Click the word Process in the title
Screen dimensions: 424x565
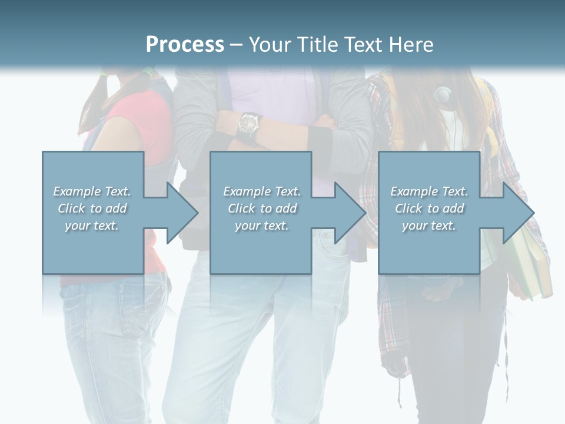[x=185, y=45]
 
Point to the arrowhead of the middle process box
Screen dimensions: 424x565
[x=349, y=213]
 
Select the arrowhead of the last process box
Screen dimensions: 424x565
[x=517, y=213]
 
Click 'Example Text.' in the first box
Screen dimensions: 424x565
[x=92, y=191]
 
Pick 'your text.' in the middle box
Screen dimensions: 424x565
[x=261, y=226]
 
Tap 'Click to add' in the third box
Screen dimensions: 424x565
[x=429, y=208]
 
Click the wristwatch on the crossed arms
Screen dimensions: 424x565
[x=250, y=122]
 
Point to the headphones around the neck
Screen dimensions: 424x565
[x=443, y=94]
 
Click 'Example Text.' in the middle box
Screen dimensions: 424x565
[x=261, y=191]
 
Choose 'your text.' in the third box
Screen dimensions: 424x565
[x=429, y=226]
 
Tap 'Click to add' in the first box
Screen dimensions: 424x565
[x=92, y=208]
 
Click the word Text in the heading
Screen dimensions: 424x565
[x=364, y=45]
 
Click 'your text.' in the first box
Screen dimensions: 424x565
[x=92, y=226]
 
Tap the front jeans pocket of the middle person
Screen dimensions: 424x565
[x=335, y=247]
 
